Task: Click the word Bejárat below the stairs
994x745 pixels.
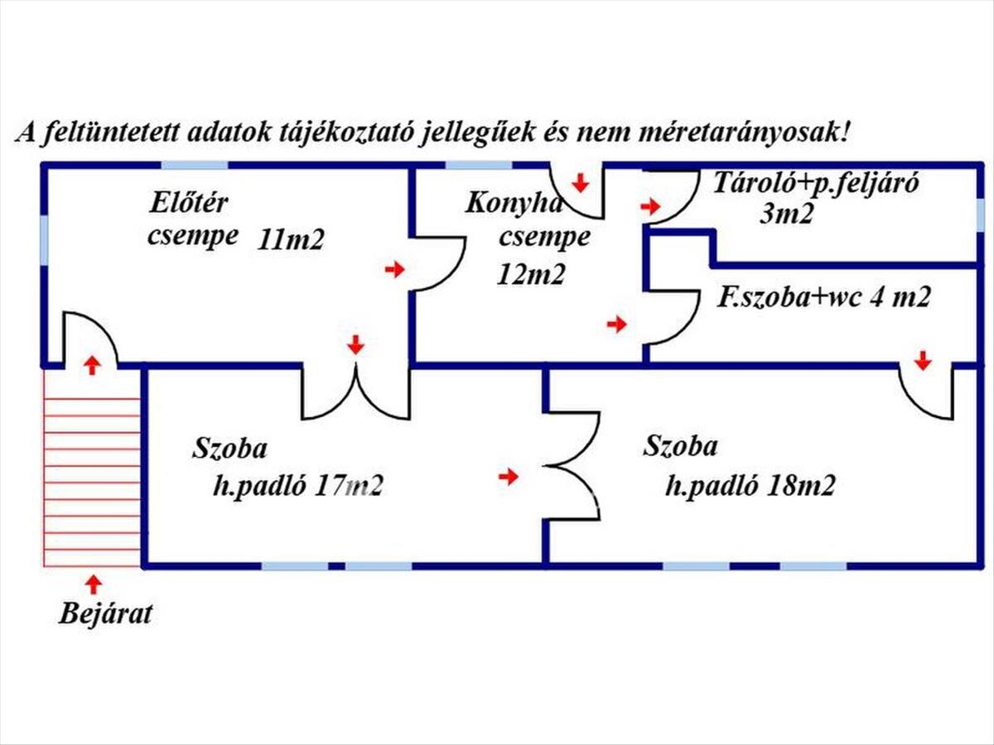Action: click(x=105, y=614)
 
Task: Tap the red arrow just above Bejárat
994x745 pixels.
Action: click(x=94, y=584)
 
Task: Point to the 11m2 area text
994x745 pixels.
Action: click(x=291, y=240)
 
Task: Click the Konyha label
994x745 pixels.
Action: click(x=514, y=203)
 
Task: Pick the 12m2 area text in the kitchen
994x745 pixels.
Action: click(x=531, y=274)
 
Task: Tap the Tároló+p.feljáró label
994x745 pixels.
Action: click(x=816, y=183)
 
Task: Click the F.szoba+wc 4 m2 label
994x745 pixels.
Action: click(x=823, y=297)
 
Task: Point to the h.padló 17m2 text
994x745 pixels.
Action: click(x=298, y=486)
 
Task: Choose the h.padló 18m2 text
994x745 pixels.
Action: click(x=750, y=486)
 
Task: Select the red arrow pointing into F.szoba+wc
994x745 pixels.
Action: click(x=617, y=324)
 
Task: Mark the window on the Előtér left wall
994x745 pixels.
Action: click(x=45, y=240)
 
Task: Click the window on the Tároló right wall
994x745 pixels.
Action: click(x=980, y=215)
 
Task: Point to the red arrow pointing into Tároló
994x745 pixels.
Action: click(x=650, y=207)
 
